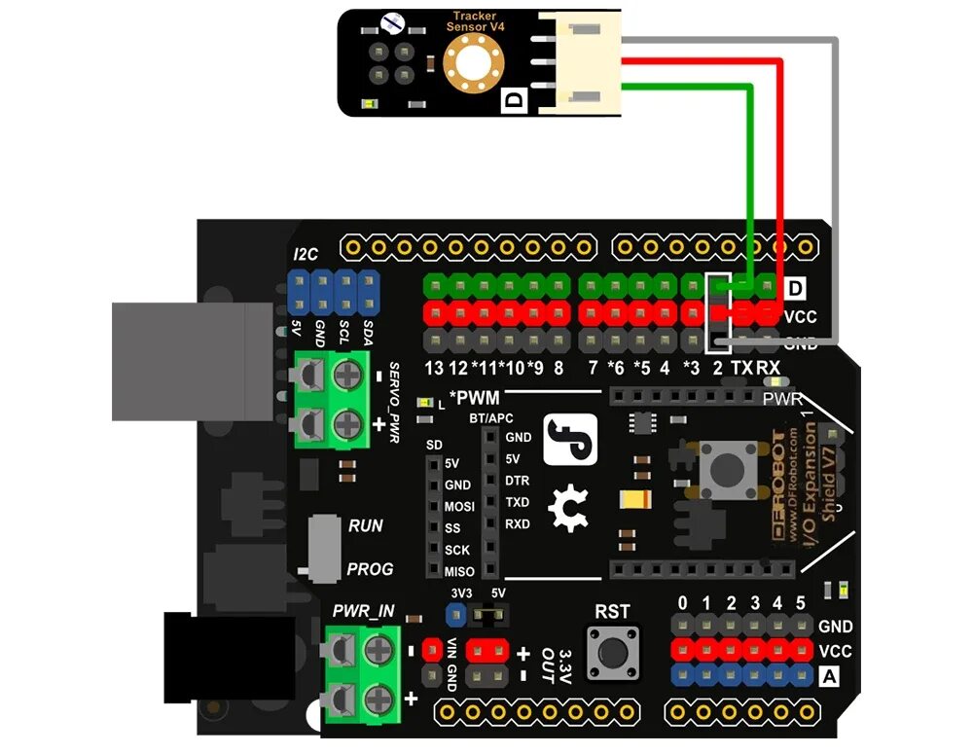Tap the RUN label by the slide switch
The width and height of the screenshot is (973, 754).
click(x=366, y=525)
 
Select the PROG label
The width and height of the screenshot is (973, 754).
click(x=370, y=569)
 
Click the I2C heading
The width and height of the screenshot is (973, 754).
click(x=306, y=255)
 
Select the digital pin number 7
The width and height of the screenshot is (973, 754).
click(x=592, y=369)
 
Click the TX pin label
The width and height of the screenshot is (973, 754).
click(x=742, y=369)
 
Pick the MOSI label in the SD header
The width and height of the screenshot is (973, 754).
click(x=459, y=507)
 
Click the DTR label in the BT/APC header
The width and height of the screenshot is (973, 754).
click(x=518, y=481)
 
